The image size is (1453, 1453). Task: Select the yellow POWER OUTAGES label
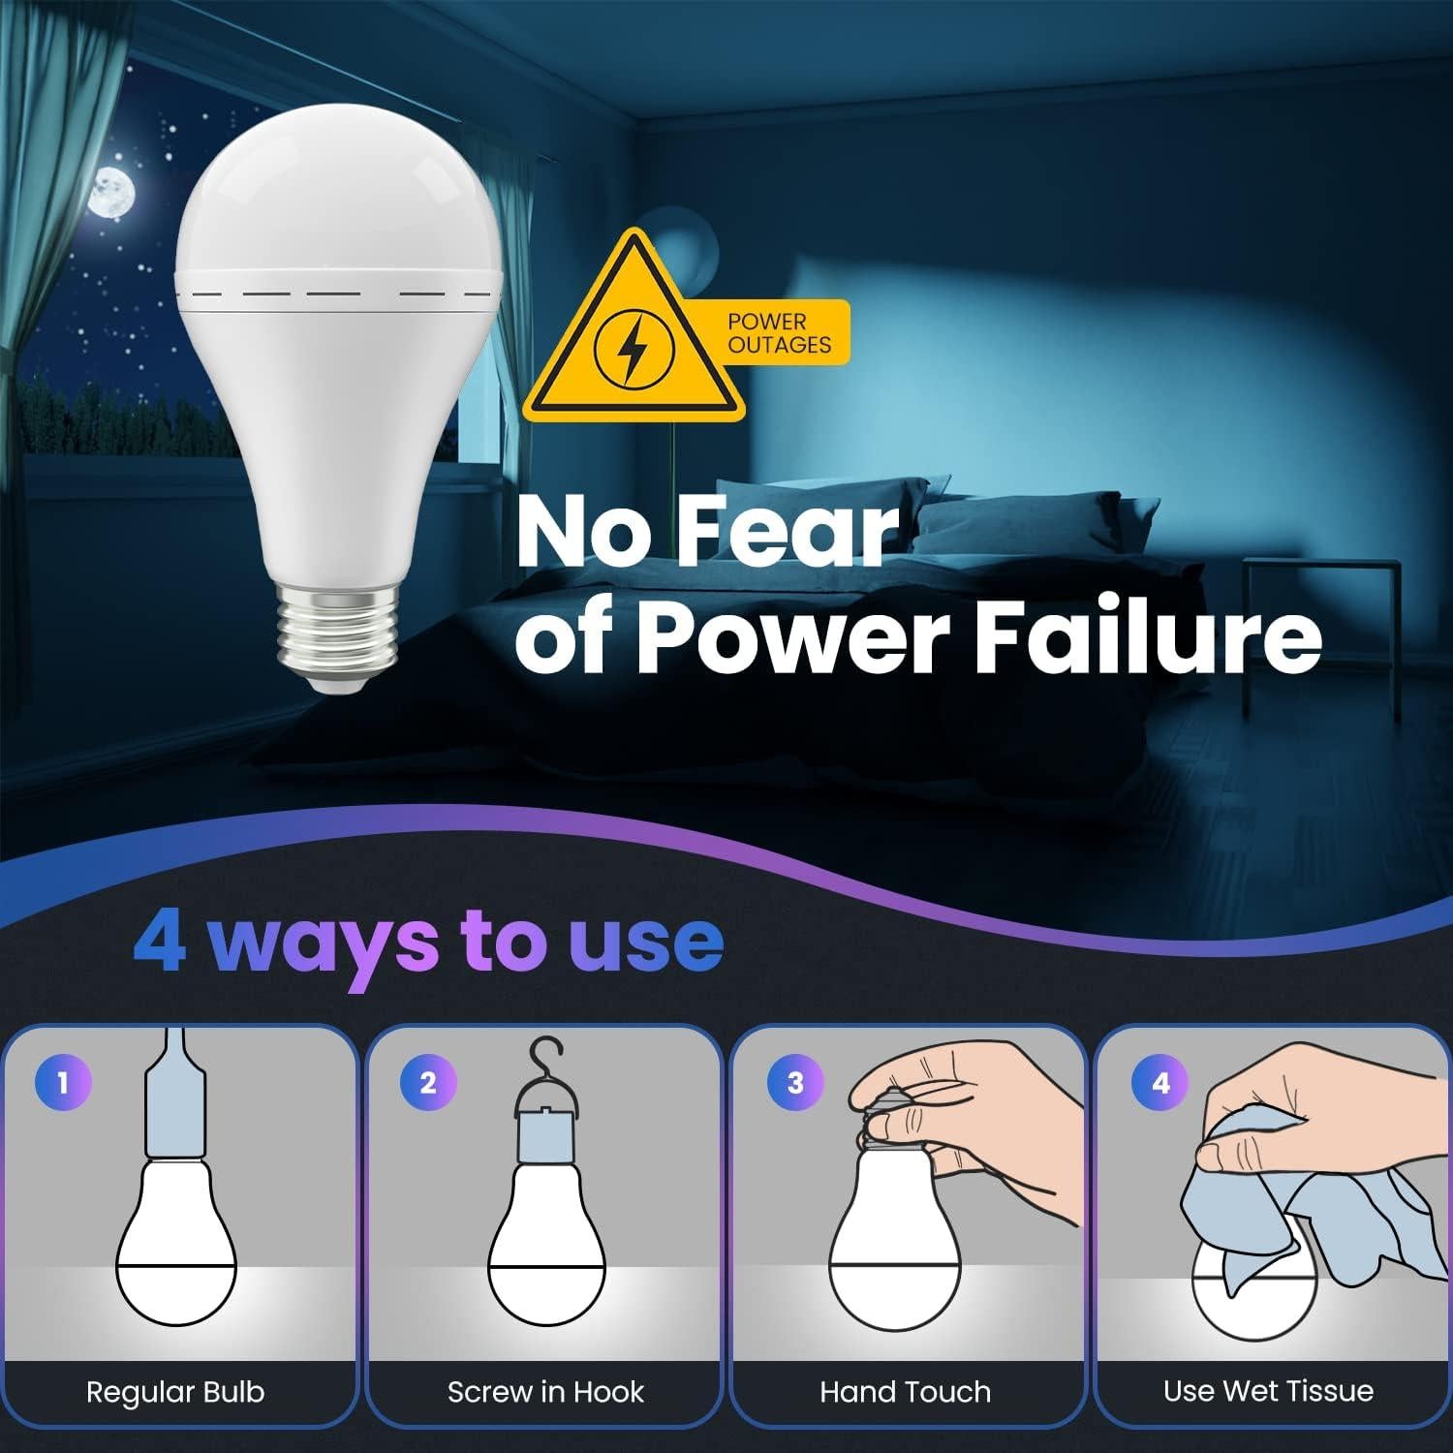pos(779,333)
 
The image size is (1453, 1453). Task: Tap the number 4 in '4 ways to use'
pos(161,943)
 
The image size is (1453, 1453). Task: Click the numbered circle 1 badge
pos(63,1082)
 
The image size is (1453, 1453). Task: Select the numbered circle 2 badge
pos(428,1082)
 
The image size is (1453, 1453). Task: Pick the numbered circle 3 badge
pos(794,1082)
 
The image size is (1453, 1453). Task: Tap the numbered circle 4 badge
pos(1160,1082)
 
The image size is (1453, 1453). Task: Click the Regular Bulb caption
pos(175,1392)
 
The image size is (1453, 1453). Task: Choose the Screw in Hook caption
pos(545,1392)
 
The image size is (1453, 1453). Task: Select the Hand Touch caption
pos(906,1392)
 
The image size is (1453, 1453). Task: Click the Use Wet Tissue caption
pos(1268,1391)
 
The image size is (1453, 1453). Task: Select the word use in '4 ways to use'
pos(645,943)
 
